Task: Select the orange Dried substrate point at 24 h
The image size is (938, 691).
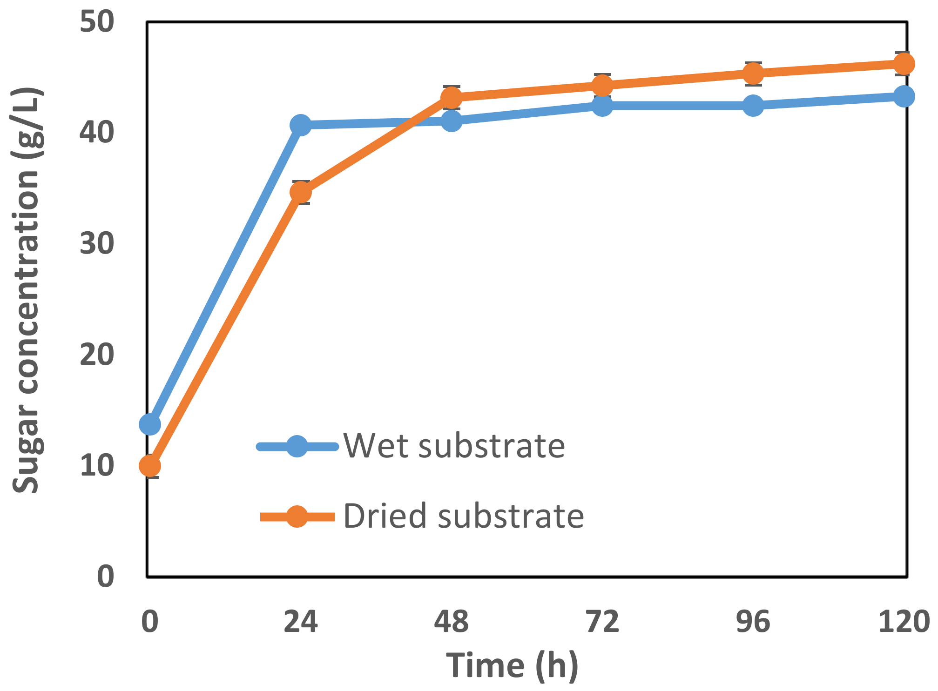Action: [x=300, y=192]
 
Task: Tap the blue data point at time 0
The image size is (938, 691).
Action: [x=150, y=424]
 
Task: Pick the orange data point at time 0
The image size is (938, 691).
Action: [x=150, y=466]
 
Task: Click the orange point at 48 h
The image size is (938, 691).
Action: [x=451, y=98]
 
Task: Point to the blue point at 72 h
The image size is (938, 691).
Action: [x=602, y=105]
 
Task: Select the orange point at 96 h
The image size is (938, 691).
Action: [x=753, y=73]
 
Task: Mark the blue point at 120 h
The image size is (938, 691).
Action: [x=904, y=96]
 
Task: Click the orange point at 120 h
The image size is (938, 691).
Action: [x=904, y=64]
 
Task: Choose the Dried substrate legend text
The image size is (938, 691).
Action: [x=463, y=516]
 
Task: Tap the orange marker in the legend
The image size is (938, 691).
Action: [x=297, y=516]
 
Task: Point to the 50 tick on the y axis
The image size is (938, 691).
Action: [x=97, y=22]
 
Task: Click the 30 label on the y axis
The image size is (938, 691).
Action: [x=97, y=243]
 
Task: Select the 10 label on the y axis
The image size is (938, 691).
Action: [x=97, y=465]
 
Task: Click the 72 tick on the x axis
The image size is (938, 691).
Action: [x=602, y=622]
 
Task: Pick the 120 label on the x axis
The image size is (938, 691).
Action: [x=904, y=622]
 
